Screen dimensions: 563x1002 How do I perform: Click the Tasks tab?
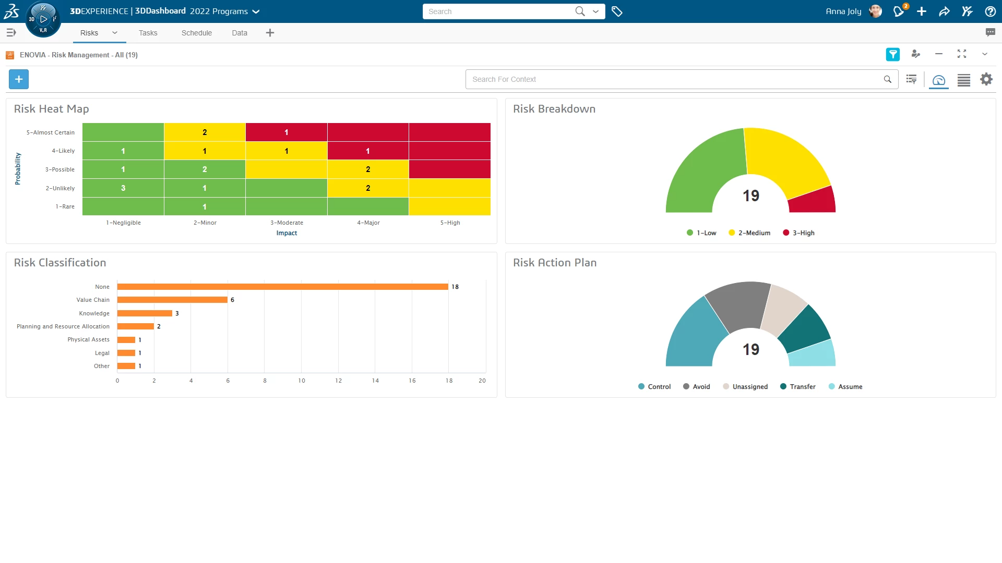(148, 33)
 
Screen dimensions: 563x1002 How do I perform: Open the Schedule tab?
(196, 33)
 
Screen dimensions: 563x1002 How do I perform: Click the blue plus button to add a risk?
(19, 79)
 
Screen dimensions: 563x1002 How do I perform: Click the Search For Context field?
(673, 79)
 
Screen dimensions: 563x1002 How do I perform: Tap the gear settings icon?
(986, 79)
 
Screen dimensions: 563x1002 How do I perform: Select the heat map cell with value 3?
(123, 188)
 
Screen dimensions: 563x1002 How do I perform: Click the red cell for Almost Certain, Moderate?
(286, 132)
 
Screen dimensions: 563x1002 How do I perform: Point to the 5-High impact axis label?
(450, 223)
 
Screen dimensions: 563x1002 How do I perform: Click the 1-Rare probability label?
(65, 206)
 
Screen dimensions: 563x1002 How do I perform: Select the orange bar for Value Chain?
(172, 300)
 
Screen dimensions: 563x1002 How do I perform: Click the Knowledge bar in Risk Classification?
(145, 313)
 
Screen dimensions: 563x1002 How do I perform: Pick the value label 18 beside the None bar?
(455, 287)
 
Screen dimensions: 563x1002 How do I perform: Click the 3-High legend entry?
(799, 233)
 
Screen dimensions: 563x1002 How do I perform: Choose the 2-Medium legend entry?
(749, 233)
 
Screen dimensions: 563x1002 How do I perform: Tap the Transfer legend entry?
(798, 387)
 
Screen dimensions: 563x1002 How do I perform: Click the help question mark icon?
(990, 11)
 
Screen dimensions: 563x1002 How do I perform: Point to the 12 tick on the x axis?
(338, 381)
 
